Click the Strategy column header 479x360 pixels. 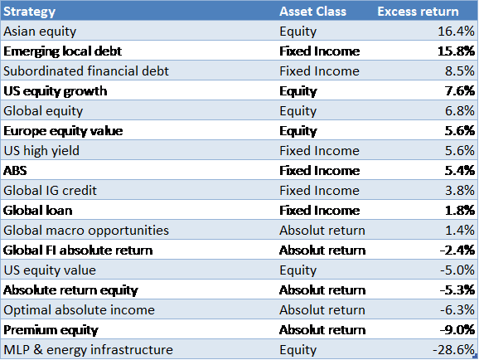(x=29, y=12)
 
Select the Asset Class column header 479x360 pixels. (x=312, y=12)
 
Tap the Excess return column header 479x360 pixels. (x=418, y=12)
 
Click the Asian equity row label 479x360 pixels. (x=40, y=32)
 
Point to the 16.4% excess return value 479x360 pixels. (x=456, y=32)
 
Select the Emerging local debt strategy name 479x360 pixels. (x=62, y=51)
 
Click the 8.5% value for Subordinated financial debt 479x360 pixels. (x=460, y=71)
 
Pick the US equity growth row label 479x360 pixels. (x=55, y=91)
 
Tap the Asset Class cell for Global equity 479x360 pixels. (x=298, y=111)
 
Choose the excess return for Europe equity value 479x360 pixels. (x=460, y=130)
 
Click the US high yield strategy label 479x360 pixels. (x=41, y=151)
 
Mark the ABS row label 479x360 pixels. (x=15, y=171)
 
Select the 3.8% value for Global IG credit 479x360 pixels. (x=460, y=190)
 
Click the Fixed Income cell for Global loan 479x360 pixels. (x=319, y=211)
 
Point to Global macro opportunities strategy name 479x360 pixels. (x=86, y=231)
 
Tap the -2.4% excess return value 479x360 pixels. (x=457, y=251)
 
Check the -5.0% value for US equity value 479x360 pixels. (x=457, y=270)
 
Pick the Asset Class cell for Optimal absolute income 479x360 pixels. (x=322, y=310)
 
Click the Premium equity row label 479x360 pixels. (x=51, y=330)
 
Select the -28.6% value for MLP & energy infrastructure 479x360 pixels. (x=453, y=349)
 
